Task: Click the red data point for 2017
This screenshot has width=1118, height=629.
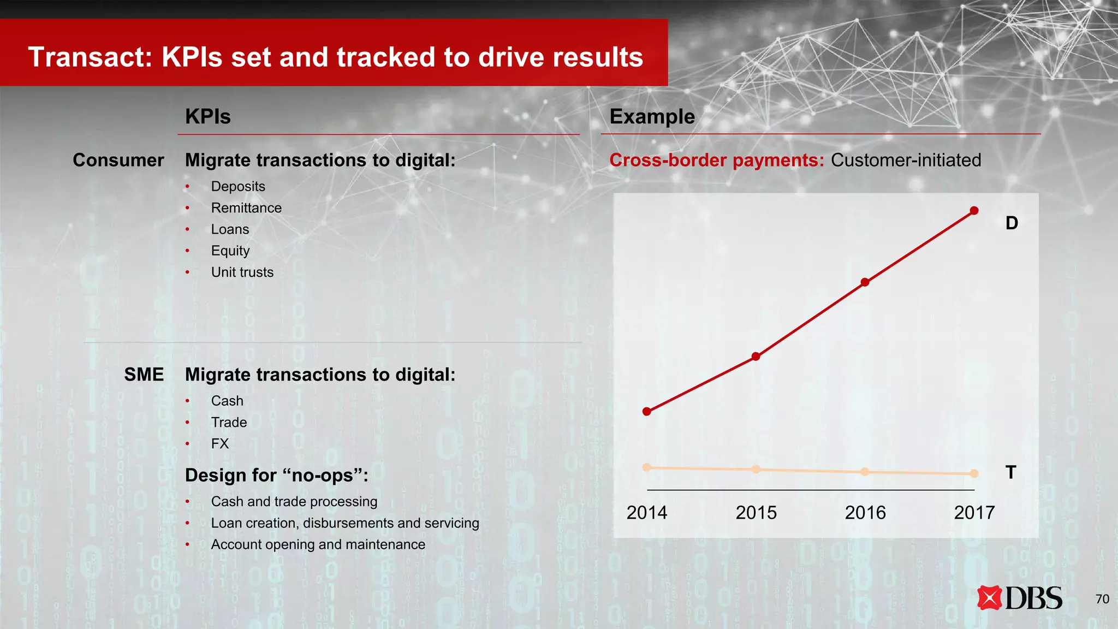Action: tap(974, 211)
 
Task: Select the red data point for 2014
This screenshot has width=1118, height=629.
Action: tap(647, 411)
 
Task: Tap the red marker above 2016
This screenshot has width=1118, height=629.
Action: tap(865, 282)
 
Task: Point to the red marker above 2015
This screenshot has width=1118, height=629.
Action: tap(756, 357)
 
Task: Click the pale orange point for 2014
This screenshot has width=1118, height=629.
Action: tap(647, 467)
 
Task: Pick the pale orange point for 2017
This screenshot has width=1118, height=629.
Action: tap(974, 473)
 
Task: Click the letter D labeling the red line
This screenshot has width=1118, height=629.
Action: tap(1012, 223)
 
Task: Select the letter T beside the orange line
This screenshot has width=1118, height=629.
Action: tap(1010, 472)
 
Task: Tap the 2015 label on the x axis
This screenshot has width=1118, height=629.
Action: tap(756, 513)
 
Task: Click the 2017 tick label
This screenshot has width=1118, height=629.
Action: tap(974, 513)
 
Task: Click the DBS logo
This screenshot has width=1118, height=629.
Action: tap(1020, 598)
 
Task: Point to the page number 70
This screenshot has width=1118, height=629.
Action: tap(1102, 599)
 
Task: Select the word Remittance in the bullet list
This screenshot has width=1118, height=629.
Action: tap(246, 208)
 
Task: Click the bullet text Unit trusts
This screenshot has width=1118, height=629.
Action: tap(242, 272)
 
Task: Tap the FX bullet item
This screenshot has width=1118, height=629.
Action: tap(220, 443)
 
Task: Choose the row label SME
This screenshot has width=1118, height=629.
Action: tap(144, 375)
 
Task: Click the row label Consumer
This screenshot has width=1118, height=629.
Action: tap(118, 160)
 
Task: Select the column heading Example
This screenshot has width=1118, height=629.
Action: tap(652, 117)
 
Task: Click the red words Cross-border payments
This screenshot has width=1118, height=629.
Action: tap(716, 160)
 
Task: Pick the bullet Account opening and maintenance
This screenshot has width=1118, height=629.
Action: tap(318, 544)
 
